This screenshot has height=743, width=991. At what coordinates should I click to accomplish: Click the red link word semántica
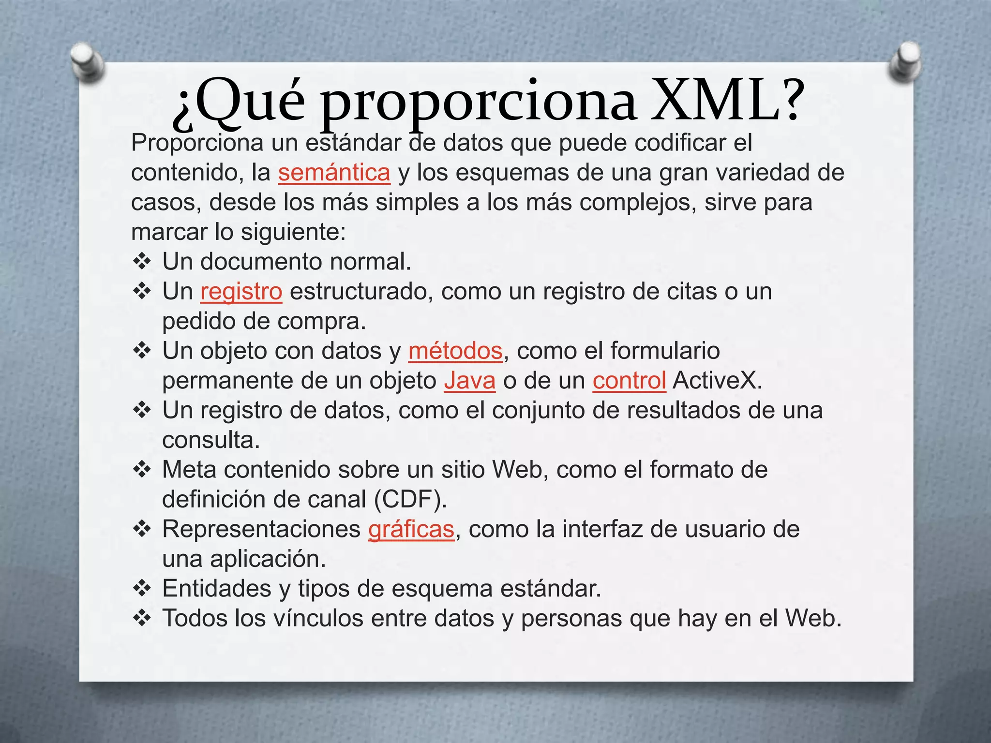click(x=334, y=173)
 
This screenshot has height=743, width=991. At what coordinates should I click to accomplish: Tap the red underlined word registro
click(x=241, y=292)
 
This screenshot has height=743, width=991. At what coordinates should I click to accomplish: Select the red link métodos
click(x=455, y=351)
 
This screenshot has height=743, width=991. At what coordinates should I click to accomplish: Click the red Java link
click(x=470, y=381)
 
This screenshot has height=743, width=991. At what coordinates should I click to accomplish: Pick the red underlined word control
click(x=629, y=381)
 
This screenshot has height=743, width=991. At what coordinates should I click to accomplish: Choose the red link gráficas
click(x=411, y=529)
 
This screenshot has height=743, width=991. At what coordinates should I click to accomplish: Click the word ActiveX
click(x=717, y=381)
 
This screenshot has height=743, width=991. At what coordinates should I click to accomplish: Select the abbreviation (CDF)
click(x=410, y=500)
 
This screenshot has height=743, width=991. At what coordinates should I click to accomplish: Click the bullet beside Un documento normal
click(x=142, y=262)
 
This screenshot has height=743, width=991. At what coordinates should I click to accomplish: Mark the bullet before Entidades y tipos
click(x=142, y=589)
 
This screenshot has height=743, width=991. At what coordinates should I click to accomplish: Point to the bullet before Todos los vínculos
click(x=142, y=618)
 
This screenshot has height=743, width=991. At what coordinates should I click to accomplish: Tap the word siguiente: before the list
click(x=293, y=232)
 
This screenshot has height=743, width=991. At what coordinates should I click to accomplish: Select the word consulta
click(x=211, y=440)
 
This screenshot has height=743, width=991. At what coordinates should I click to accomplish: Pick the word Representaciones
click(x=261, y=529)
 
